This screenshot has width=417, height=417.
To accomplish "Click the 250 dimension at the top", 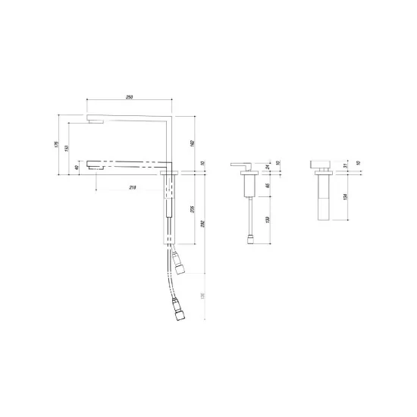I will click(131, 96).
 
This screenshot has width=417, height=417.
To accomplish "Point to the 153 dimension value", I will click(67, 149).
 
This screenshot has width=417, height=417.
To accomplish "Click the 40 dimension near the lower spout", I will click(77, 168).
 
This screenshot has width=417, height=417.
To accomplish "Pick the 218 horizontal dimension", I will click(134, 187).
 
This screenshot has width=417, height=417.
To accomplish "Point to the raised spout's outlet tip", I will click(94, 121).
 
